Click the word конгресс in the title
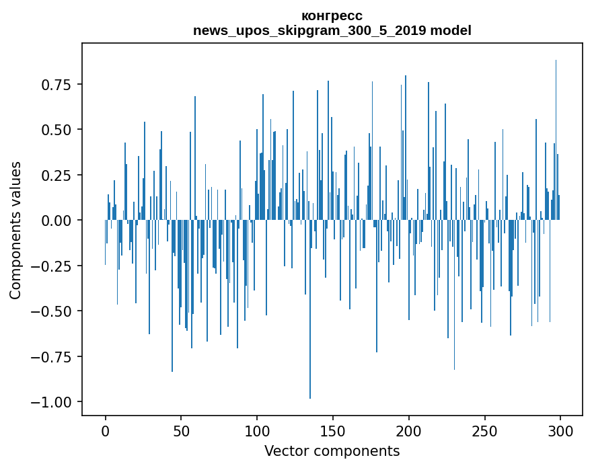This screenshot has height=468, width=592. pyautogui.click(x=332, y=15)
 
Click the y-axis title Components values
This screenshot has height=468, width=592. pyautogui.click(x=15, y=230)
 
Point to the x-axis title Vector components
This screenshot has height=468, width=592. pyautogui.click(x=332, y=451)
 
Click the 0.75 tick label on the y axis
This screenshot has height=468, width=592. pyautogui.click(x=56, y=85)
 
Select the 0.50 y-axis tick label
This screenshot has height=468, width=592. pyautogui.click(x=56, y=130)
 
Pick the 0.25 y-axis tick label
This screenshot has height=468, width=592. pyautogui.click(x=56, y=175)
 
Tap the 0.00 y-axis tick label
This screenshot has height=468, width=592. pyautogui.click(x=56, y=221)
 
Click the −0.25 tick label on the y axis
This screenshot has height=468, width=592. pyautogui.click(x=51, y=266)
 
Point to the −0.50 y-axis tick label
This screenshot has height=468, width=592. pyautogui.click(x=51, y=311)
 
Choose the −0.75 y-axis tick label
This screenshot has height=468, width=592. pyautogui.click(x=51, y=357)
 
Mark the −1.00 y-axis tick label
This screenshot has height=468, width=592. pyautogui.click(x=51, y=402)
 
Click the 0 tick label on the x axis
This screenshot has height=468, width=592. pyautogui.click(x=105, y=432)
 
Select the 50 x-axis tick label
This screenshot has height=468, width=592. pyautogui.click(x=181, y=432)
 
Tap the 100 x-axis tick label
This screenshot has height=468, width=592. pyautogui.click(x=257, y=432)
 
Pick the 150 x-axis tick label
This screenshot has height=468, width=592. pyautogui.click(x=332, y=432)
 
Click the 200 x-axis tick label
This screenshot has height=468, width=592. pyautogui.click(x=408, y=432)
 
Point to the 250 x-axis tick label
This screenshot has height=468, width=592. pyautogui.click(x=484, y=432)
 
